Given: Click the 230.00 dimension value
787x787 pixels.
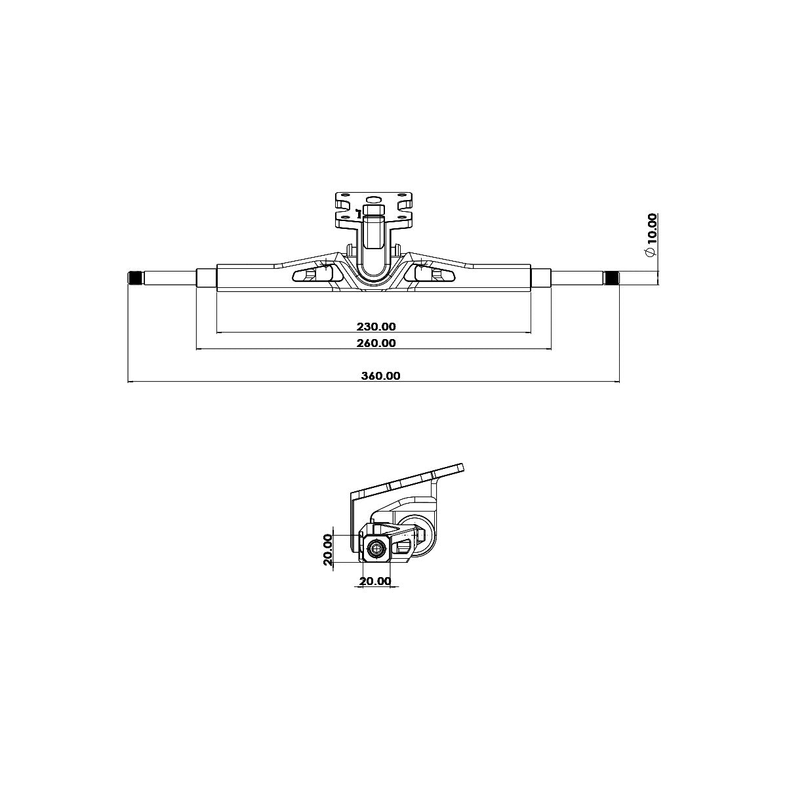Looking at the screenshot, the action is (x=376, y=327).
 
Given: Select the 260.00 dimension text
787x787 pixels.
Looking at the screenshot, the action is (x=376, y=342).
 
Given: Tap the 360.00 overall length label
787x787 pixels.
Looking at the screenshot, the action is (x=380, y=376).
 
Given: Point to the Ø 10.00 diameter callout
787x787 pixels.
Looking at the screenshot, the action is (x=650, y=235).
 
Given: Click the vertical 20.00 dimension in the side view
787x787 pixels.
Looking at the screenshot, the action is (x=328, y=550).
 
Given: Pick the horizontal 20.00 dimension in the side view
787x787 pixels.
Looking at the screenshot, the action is (x=375, y=581).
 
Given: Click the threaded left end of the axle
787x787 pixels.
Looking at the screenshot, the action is (x=135, y=279).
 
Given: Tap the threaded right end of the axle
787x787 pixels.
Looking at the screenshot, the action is (x=611, y=279).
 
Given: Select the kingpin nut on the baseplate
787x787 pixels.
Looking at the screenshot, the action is (x=373, y=211).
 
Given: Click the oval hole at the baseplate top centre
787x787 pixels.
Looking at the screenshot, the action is (x=373, y=200).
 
